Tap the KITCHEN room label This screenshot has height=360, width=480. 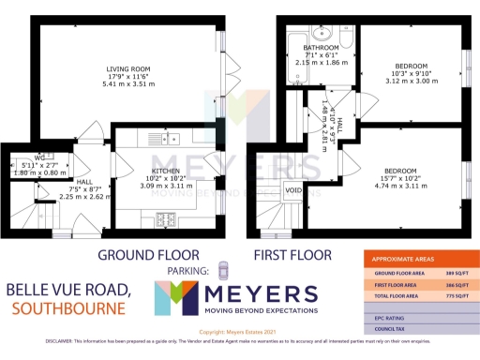coord(165,142)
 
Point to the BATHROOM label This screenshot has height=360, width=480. coord(321,48)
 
